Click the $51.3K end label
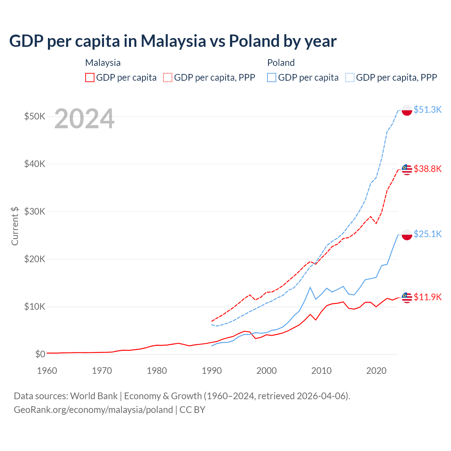427,110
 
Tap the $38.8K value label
427,169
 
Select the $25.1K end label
427,234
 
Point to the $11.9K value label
427,297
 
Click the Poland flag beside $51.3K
407,110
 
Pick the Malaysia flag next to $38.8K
407,170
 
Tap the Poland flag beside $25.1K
407,235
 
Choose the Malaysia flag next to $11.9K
407,298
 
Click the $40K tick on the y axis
35,164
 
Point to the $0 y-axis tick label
40,354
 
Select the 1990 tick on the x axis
211,371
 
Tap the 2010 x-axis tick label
321,371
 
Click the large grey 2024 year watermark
85,118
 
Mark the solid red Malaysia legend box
90,78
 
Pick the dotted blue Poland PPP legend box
350,78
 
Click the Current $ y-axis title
15,226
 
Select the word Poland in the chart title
254,41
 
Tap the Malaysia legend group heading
103,63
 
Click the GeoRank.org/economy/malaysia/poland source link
93,410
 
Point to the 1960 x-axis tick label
47,371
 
